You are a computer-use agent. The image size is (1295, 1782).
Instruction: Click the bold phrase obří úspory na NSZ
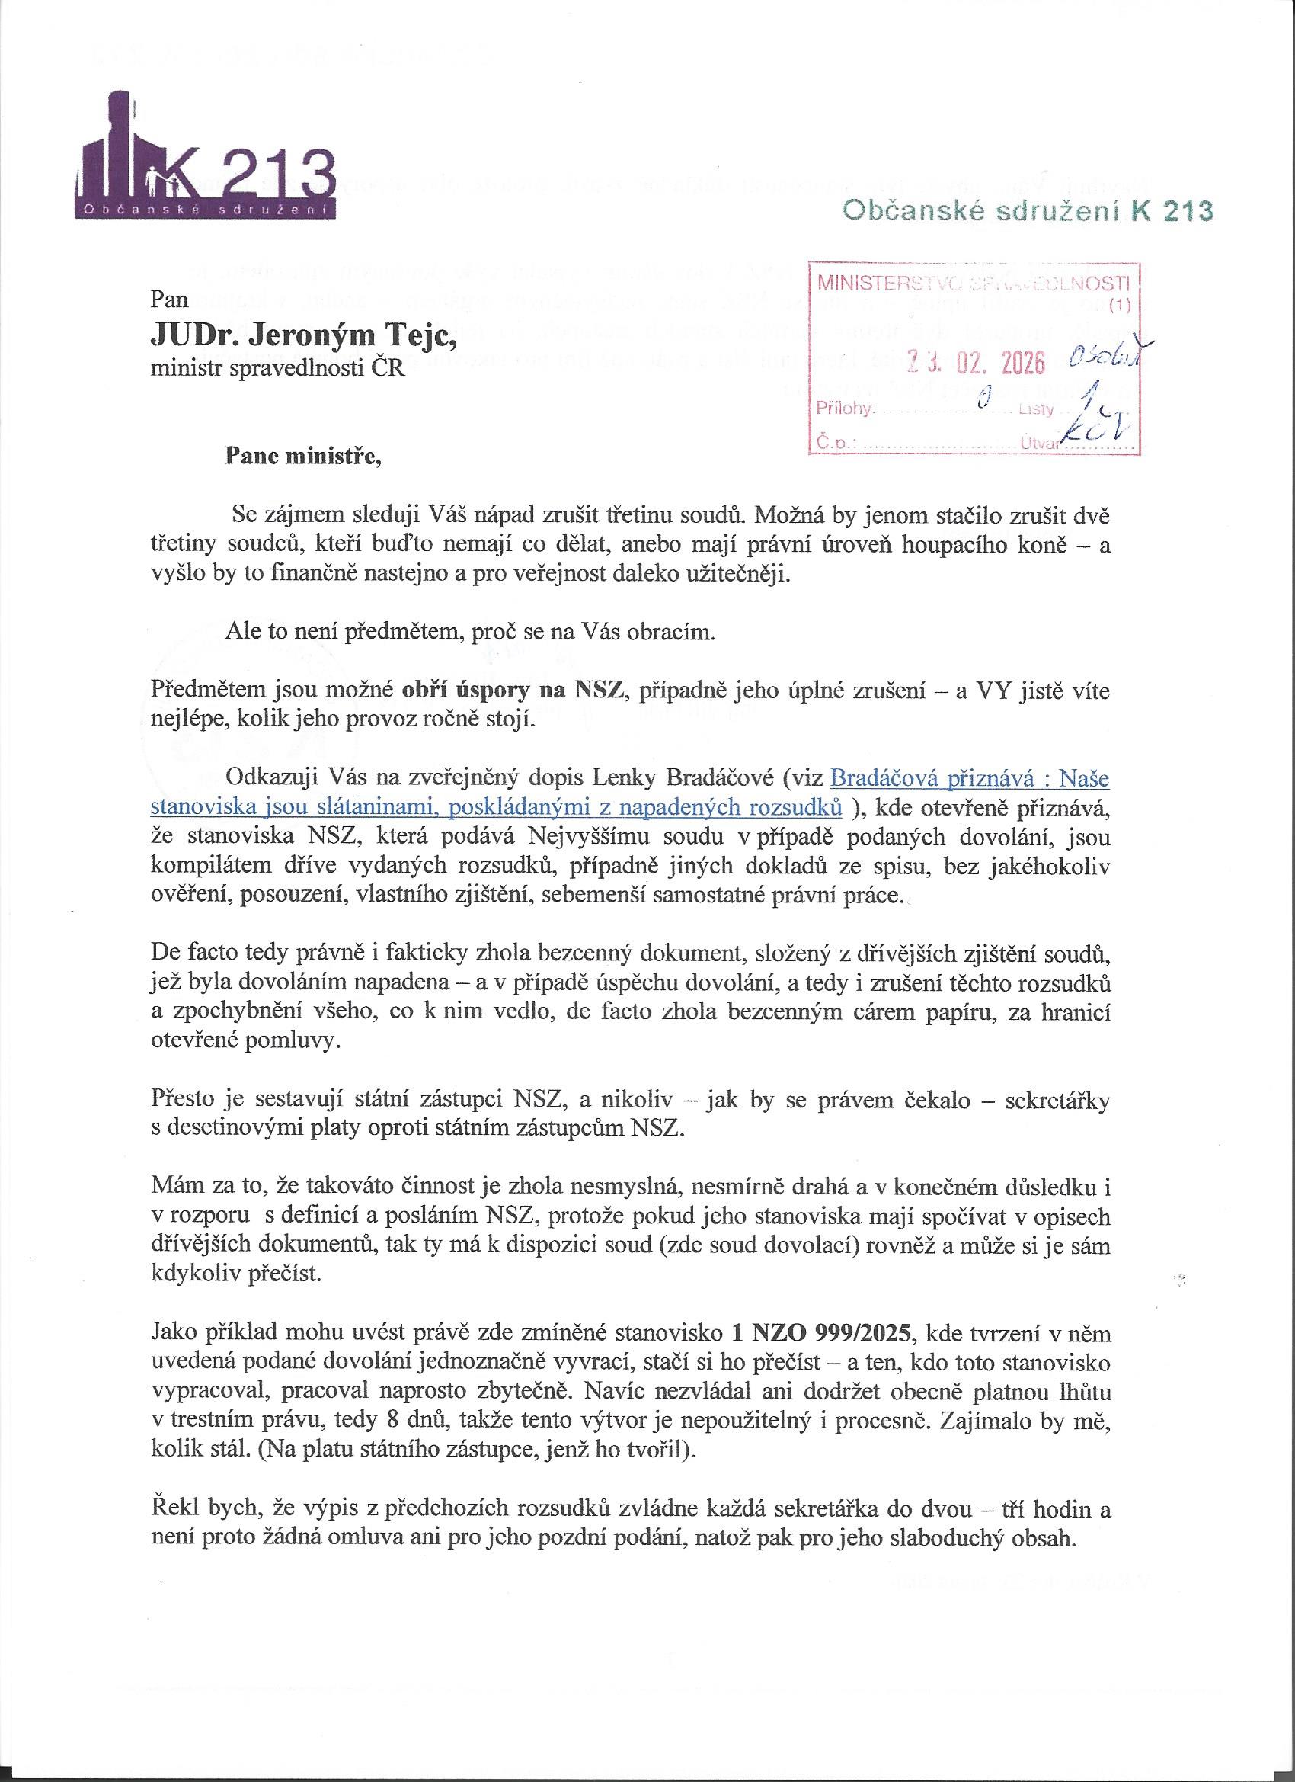[x=513, y=691]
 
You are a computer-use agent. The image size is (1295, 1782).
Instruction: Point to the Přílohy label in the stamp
[x=843, y=409]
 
